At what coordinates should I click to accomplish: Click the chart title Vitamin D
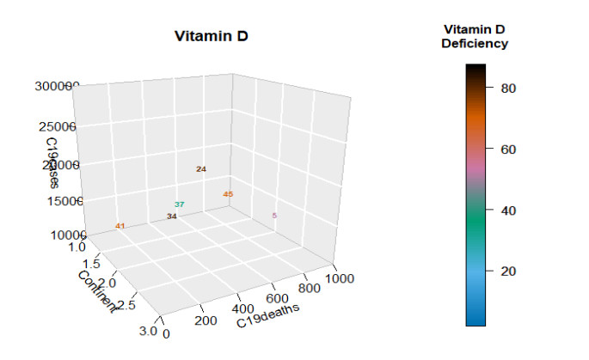tap(212, 36)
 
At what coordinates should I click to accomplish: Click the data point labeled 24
tap(201, 169)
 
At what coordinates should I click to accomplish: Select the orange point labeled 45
tap(228, 194)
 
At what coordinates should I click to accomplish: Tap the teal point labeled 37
tap(180, 204)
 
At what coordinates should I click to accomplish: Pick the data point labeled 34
tap(172, 217)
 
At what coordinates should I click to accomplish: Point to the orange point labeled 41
tap(120, 226)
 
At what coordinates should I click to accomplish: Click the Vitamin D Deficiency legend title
tap(475, 36)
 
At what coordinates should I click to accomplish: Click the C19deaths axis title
tap(268, 314)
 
